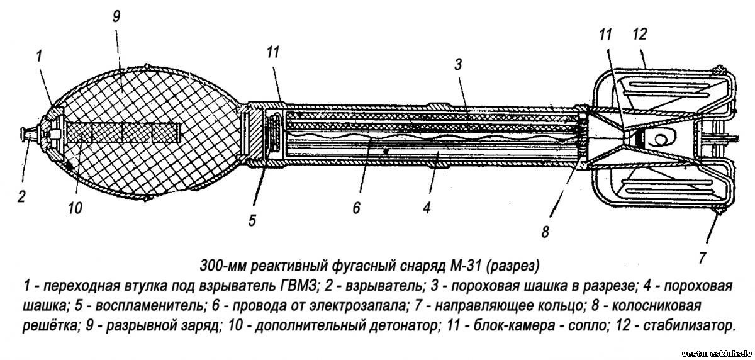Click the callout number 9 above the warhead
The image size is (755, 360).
(x=116, y=16)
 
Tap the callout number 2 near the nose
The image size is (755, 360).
(x=21, y=196)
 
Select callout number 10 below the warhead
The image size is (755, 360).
(x=75, y=208)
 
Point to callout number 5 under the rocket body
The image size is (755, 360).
(x=252, y=220)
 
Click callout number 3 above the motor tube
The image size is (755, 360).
(x=458, y=64)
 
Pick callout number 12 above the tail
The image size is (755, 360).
(x=639, y=34)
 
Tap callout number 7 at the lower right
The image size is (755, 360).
(x=702, y=258)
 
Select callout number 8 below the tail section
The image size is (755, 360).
(x=545, y=232)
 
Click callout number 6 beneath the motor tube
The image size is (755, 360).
(x=356, y=208)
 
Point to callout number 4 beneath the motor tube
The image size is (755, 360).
(x=427, y=208)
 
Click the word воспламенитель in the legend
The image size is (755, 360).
(x=150, y=306)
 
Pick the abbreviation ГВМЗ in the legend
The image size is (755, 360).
(x=299, y=286)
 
